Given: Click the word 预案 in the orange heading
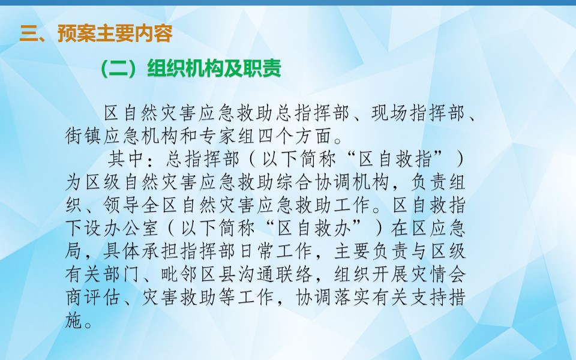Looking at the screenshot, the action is point(76,34).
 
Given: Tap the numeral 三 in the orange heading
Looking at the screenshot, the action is point(29,34).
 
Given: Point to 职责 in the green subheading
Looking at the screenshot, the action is point(262,68).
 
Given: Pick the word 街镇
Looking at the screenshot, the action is point(84,136).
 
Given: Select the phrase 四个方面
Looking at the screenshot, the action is point(295,136).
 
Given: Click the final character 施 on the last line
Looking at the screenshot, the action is point(74,320).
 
